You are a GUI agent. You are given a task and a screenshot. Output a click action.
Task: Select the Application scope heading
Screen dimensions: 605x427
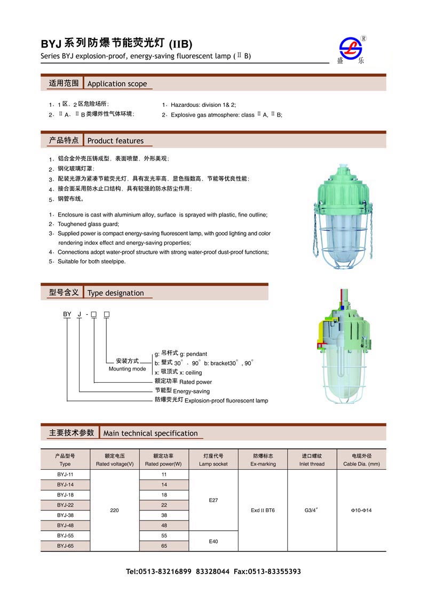click(117, 83)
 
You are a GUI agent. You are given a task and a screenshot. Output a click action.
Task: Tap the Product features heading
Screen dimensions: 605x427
click(115, 141)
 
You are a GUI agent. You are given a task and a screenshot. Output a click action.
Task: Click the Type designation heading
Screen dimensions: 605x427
click(115, 293)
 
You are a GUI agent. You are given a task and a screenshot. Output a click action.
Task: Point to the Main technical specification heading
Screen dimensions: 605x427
click(150, 433)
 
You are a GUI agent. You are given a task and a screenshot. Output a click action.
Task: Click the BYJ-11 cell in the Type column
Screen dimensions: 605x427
click(65, 475)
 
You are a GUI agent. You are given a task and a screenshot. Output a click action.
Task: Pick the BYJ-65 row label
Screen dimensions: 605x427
click(65, 546)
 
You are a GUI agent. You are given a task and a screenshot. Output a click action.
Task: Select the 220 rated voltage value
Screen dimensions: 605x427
click(114, 510)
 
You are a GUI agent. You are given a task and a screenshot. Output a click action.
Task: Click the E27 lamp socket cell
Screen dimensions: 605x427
click(213, 500)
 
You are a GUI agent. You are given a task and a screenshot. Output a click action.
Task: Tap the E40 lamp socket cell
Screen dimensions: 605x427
click(213, 541)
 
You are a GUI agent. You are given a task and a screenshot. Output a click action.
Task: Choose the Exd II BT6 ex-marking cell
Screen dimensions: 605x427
click(263, 510)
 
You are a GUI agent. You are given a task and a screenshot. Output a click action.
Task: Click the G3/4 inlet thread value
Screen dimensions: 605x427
click(312, 510)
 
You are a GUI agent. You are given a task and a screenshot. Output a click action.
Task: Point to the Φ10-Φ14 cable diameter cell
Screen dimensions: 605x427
click(361, 510)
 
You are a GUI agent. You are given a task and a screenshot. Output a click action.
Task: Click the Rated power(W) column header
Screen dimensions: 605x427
click(163, 460)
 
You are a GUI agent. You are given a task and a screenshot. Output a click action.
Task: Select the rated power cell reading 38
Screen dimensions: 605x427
click(164, 515)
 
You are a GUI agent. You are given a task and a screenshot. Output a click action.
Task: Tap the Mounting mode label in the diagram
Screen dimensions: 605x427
click(127, 369)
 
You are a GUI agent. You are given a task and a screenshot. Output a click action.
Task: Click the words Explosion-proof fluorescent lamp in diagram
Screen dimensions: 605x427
click(226, 400)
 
